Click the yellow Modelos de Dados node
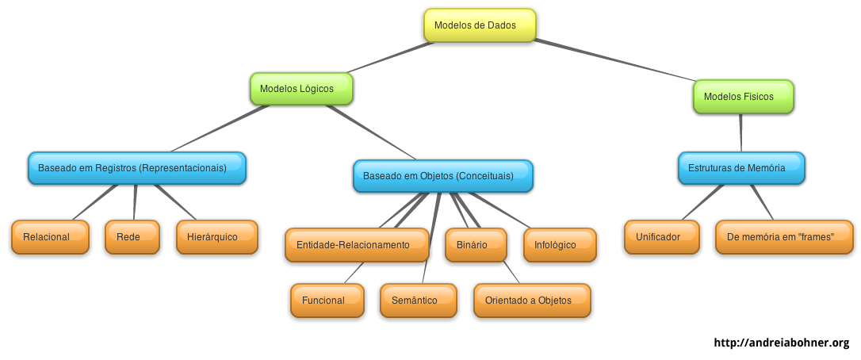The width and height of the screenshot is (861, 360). tap(480, 25)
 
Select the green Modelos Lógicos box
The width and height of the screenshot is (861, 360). tap(301, 89)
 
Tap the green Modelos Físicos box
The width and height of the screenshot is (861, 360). tap(743, 97)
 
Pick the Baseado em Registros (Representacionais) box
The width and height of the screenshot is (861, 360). tap(137, 168)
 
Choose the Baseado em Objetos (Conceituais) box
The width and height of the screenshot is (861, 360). tap(442, 176)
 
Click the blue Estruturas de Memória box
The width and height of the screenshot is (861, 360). tap(741, 168)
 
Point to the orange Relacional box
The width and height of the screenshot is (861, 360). tap(50, 237)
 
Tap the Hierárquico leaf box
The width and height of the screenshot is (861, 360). tap(216, 237)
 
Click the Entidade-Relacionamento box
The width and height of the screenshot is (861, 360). tap(357, 245)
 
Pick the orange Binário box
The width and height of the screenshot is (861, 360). tap(475, 245)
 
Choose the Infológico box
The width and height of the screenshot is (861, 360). tap(560, 245)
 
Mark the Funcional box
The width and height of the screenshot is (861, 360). tap(327, 301)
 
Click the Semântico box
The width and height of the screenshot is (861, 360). tap(418, 301)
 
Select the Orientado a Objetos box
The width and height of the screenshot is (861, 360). tap(533, 301)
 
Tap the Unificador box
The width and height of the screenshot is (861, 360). tap(661, 237)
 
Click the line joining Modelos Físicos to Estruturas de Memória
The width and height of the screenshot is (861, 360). tap(741, 132)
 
